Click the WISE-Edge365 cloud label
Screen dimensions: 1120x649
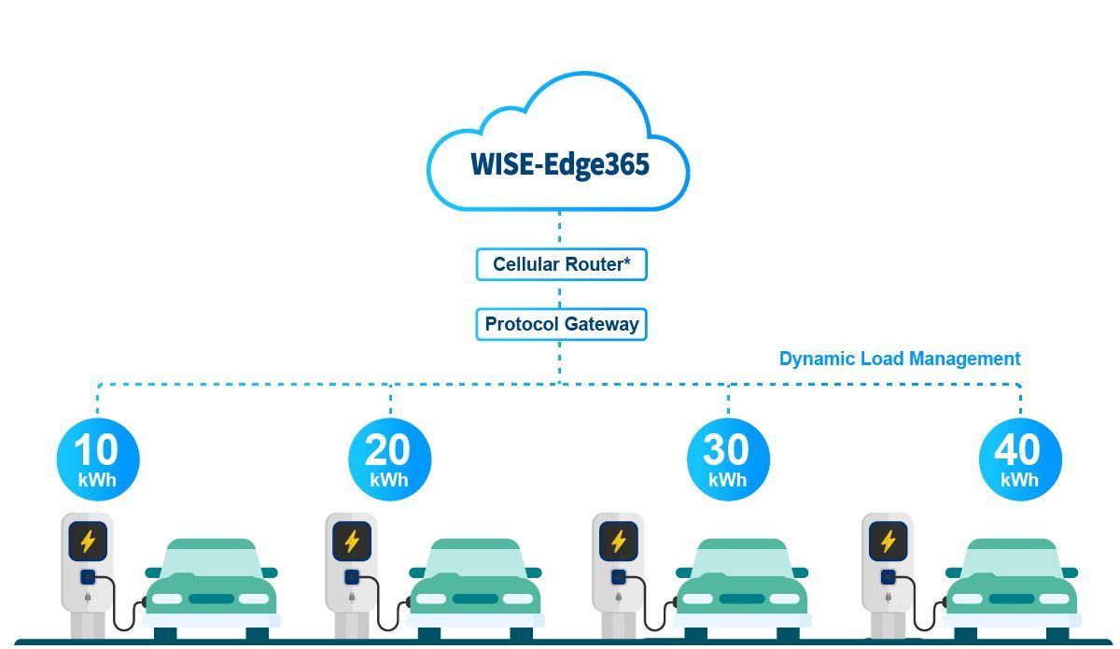[x=560, y=164]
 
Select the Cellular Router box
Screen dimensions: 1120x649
[x=562, y=264]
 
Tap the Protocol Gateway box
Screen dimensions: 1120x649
[x=562, y=324]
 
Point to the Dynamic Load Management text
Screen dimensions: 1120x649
[x=900, y=359]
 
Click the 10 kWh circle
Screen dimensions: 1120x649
[x=98, y=459]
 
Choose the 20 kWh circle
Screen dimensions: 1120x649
[x=389, y=459]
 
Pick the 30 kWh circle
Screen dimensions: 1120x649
[x=728, y=459]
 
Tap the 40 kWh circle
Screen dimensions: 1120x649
[x=1020, y=459]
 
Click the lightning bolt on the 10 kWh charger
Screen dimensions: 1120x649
[x=88, y=541]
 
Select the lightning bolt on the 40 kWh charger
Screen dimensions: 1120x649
[x=888, y=541]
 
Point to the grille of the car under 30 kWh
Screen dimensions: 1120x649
[x=742, y=599]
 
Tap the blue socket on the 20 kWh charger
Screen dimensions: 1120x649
[x=352, y=577]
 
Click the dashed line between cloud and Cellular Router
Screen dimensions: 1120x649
[x=559, y=227]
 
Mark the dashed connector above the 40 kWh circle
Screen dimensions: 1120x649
[x=1020, y=401]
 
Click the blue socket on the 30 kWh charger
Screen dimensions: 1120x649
[x=619, y=577]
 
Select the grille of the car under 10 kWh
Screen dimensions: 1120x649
[x=211, y=599]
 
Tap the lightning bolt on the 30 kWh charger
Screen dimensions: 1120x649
[x=619, y=541]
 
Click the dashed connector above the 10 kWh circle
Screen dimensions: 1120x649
[x=97, y=401]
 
